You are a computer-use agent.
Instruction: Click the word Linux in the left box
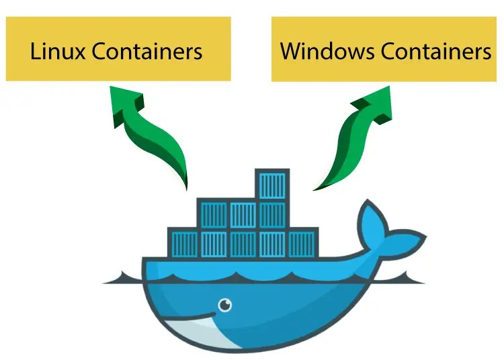[56, 51]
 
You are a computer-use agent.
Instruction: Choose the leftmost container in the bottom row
[183, 244]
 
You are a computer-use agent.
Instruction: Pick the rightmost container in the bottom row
[301, 244]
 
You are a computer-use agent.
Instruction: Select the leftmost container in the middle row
[213, 214]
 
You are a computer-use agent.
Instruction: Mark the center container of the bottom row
[243, 244]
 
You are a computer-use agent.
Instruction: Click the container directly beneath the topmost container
[271, 214]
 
